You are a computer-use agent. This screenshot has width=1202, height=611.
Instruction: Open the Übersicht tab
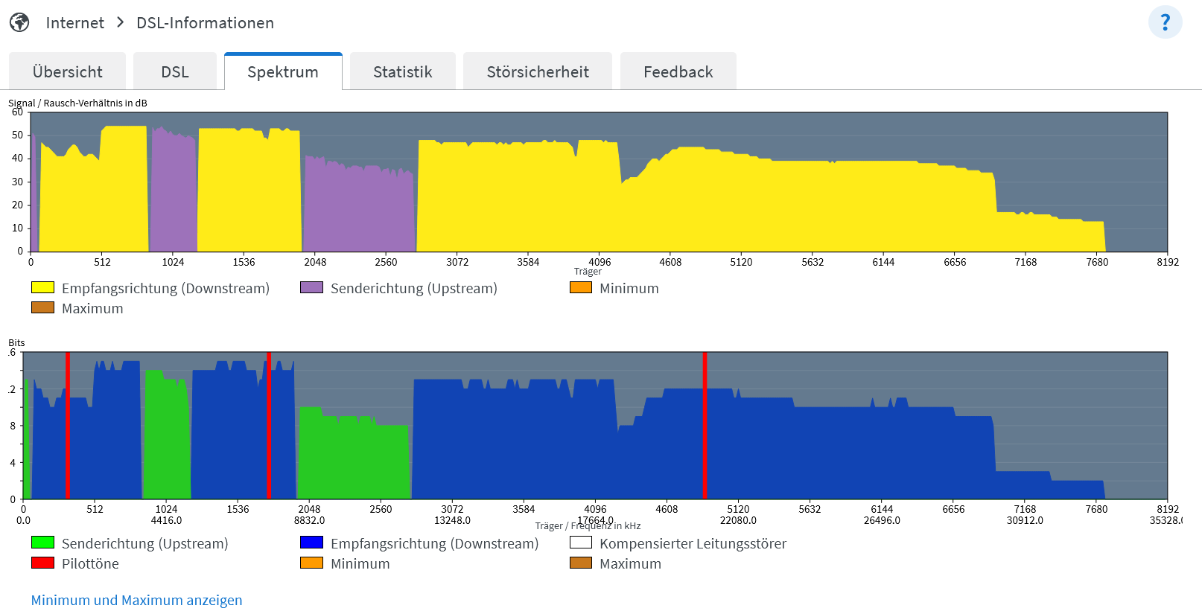point(67,72)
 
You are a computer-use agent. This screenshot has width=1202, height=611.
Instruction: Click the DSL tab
point(175,72)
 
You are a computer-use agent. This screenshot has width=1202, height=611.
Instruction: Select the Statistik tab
point(402,72)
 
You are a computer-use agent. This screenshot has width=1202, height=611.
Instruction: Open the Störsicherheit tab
point(538,72)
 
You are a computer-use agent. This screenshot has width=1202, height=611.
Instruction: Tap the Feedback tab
point(678,72)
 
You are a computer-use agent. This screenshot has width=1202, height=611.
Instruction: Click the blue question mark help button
point(1165,22)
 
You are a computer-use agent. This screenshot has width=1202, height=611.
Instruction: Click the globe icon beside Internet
point(19,22)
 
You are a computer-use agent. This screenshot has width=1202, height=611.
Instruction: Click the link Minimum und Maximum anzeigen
point(136,600)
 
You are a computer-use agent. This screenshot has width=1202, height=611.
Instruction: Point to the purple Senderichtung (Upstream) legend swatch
point(311,287)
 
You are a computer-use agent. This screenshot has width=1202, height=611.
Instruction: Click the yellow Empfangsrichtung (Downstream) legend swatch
point(42,287)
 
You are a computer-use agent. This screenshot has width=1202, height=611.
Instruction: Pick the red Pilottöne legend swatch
point(42,563)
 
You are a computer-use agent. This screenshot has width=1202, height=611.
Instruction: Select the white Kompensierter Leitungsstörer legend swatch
point(580,543)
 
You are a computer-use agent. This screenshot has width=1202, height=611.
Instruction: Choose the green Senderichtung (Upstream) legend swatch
point(42,543)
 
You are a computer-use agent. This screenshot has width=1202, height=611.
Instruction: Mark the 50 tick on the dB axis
point(17,135)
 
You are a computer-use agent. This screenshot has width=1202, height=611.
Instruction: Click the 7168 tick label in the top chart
point(1025,262)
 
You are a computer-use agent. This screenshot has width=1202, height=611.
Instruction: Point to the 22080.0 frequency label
point(738,520)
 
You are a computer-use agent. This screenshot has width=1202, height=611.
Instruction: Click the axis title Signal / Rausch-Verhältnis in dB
point(77,103)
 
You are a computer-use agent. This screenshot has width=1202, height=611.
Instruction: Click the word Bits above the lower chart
point(16,342)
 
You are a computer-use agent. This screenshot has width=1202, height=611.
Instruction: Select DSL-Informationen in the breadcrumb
point(205,23)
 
